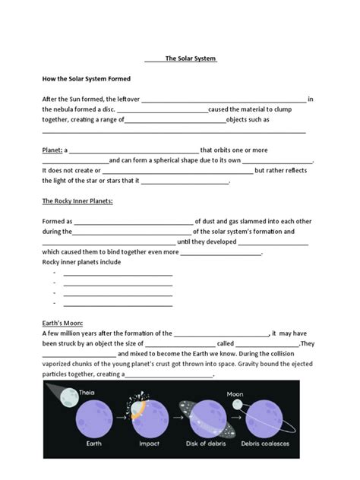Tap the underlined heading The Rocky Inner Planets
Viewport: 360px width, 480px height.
77,201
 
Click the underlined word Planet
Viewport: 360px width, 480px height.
52,150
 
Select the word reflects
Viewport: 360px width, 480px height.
293,171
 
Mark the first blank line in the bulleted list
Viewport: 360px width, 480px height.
118,273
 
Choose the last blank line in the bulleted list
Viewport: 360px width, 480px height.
118,304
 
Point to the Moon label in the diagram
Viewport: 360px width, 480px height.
235,393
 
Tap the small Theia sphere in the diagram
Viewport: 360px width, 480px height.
70,396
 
